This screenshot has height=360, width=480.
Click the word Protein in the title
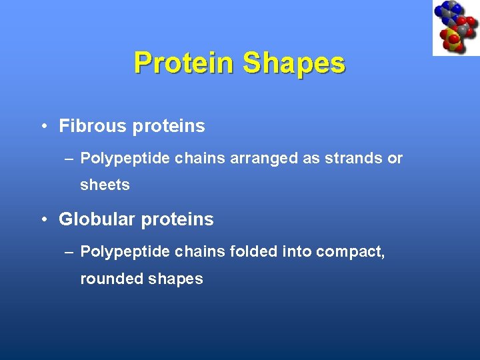pos(185,63)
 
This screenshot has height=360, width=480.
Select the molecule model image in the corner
pos(455,28)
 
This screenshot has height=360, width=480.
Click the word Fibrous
pos(91,125)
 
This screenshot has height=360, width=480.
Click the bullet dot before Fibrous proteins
pos(43,126)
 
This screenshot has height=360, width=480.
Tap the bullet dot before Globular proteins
pos(43,219)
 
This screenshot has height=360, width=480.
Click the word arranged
pos(261,158)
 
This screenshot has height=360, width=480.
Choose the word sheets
pos(105,185)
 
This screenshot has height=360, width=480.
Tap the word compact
pos(349,251)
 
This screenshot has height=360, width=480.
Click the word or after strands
pos(395,158)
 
